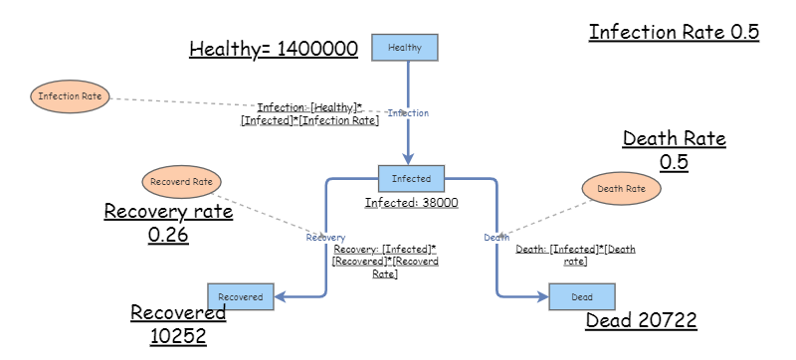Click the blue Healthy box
point(404,47)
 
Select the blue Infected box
point(411,179)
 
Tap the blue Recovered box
point(240,296)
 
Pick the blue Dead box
point(582,296)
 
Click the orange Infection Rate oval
point(70,96)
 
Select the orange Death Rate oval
point(621,187)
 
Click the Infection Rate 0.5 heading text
point(674,32)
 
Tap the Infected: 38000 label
point(411,202)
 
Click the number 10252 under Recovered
point(178,336)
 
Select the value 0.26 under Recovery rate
point(169,235)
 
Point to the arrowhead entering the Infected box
point(408,158)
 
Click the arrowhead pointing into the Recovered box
point(280,296)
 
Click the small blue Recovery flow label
point(325,238)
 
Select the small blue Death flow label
point(497,238)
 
